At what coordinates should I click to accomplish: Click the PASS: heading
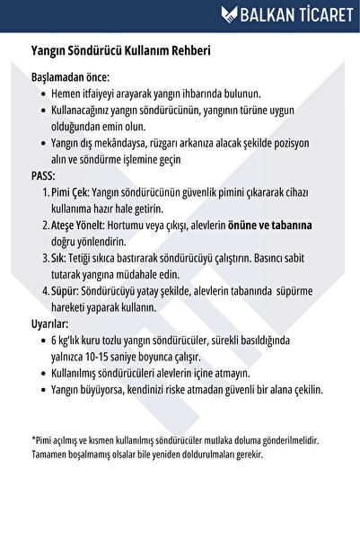pos(43,175)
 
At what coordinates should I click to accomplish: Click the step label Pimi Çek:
pos(71,192)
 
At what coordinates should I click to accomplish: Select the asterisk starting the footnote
pos(33,440)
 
